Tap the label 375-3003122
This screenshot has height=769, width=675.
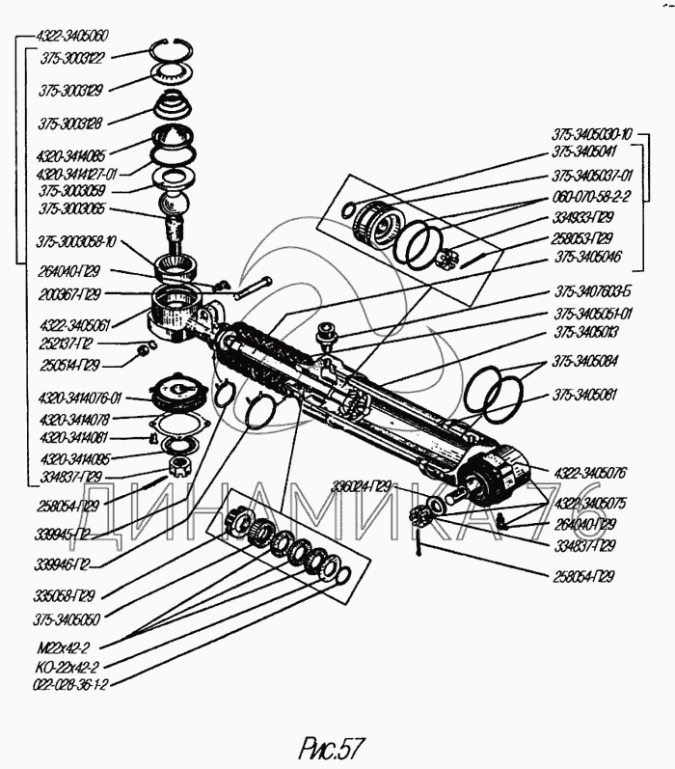coord(73,58)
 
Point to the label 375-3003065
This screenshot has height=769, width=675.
coord(72,207)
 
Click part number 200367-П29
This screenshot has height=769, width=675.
coord(67,292)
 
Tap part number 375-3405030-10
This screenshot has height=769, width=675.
coord(592,133)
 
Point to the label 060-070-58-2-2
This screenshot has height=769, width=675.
coord(591,196)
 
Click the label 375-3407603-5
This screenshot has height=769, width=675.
coord(593,291)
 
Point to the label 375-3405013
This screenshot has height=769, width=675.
coord(586,332)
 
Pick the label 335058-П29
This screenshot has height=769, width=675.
coord(66,596)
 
